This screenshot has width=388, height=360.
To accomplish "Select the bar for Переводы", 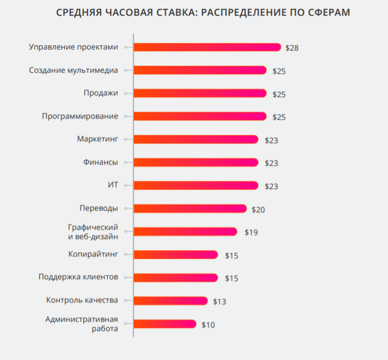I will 190,208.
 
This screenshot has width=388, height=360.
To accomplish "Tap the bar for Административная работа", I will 165,324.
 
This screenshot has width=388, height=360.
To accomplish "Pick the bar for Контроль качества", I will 170,301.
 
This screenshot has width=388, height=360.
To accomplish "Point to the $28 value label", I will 292,48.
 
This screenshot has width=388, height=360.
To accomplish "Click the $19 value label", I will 251,232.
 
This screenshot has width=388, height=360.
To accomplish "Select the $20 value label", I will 258,209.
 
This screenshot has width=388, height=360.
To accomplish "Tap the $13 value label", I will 219,301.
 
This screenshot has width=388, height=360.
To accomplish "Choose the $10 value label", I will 208,325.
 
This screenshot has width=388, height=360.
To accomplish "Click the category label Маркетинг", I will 97,139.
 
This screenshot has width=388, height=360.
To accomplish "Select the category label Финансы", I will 101,162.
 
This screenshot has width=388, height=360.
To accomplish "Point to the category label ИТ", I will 112,185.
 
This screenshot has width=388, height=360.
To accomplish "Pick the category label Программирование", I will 80,116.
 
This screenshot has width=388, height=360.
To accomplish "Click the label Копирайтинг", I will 93,254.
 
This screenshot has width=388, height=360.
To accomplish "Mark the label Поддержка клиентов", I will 78,277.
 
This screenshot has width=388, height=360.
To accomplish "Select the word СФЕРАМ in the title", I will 329,12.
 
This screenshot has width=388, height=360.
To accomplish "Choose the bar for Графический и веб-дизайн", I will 186,231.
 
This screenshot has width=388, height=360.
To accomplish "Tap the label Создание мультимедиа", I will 73,70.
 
